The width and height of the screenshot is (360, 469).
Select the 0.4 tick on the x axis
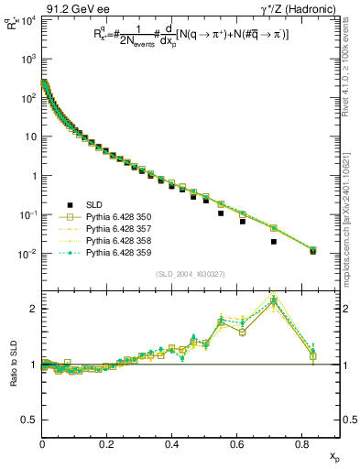(172, 444)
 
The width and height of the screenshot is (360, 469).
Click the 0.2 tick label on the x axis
(107, 444)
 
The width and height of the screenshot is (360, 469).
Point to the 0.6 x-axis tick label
(237, 444)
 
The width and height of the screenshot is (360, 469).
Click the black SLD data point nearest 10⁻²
(312, 251)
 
